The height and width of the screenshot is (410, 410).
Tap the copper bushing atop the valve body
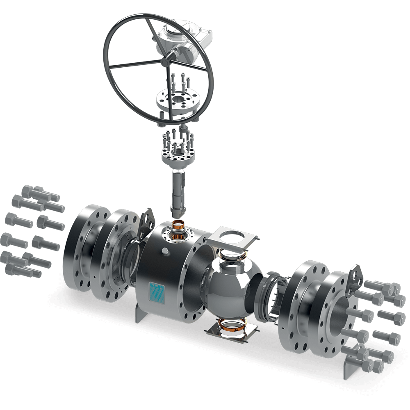[x=178, y=225]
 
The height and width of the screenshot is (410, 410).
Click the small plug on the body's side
[x=165, y=250]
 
